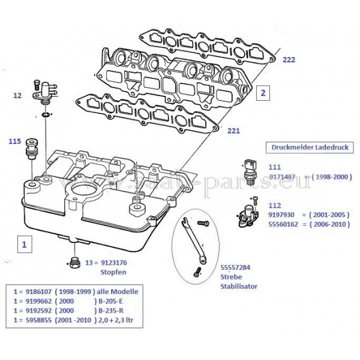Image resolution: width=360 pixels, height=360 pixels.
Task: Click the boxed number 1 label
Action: click(x=23, y=244)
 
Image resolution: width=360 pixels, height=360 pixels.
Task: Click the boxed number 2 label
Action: click(x=263, y=93)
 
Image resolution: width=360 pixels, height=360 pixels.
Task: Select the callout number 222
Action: click(x=289, y=60)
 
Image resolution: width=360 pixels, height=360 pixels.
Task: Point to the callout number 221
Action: click(x=234, y=130)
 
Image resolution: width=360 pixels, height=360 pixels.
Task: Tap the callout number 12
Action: click(x=17, y=95)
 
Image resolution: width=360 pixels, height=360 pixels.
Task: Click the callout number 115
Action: click(x=15, y=141)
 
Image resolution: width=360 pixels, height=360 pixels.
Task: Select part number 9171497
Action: click(x=283, y=177)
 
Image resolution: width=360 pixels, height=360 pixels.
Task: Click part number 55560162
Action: click(x=284, y=224)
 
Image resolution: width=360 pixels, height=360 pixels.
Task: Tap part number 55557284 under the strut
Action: click(x=238, y=267)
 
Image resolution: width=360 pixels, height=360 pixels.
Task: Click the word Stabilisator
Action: click(x=238, y=286)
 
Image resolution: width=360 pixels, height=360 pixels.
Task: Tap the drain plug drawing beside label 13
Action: click(x=74, y=263)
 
